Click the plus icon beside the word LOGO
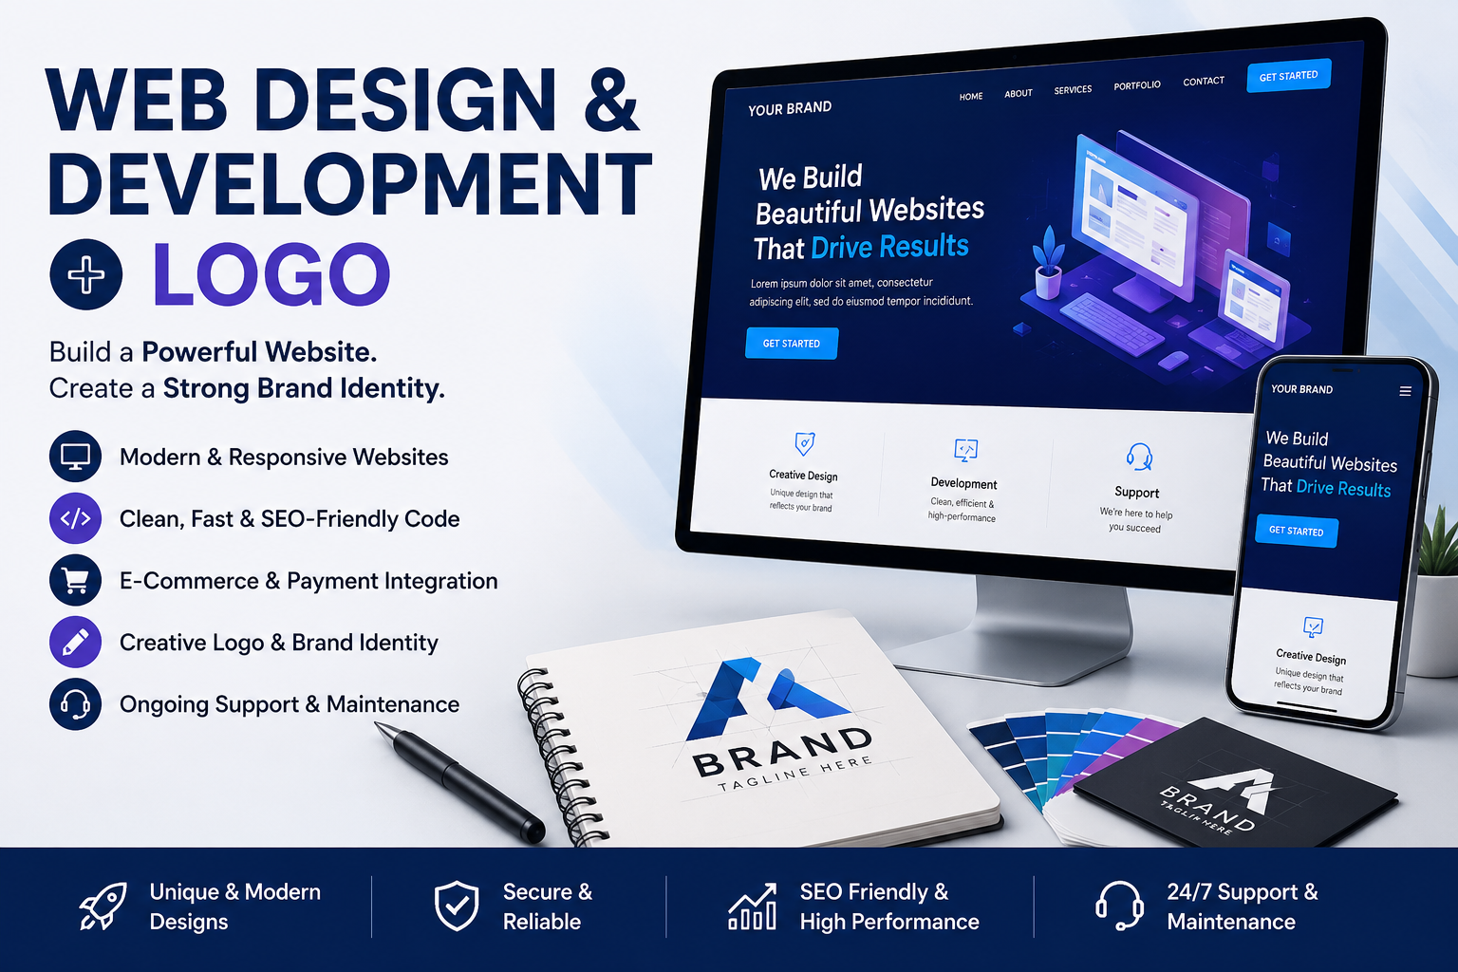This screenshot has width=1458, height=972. (x=86, y=274)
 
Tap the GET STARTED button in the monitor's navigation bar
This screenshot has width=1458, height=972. (x=1288, y=76)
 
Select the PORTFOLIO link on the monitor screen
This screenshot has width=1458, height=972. (x=1136, y=85)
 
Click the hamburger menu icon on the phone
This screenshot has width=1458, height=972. (x=1405, y=391)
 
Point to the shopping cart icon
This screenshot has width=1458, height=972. (x=76, y=580)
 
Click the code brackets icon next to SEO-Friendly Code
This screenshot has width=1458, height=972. (x=76, y=518)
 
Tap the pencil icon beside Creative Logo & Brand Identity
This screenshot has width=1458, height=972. (x=76, y=642)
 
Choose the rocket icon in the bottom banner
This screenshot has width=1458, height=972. (x=103, y=906)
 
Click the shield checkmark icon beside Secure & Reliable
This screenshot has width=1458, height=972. (x=457, y=906)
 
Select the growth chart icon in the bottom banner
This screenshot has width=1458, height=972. (x=753, y=907)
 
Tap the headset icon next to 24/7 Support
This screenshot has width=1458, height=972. (x=1119, y=906)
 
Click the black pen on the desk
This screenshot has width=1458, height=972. (x=460, y=782)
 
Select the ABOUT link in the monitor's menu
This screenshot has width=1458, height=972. (x=1018, y=93)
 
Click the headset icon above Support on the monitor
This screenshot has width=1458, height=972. (x=1139, y=457)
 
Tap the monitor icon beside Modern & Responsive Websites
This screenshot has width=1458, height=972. (x=76, y=457)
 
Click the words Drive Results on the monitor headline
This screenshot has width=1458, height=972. (x=889, y=247)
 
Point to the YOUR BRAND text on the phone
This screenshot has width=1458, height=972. (x=1301, y=389)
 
